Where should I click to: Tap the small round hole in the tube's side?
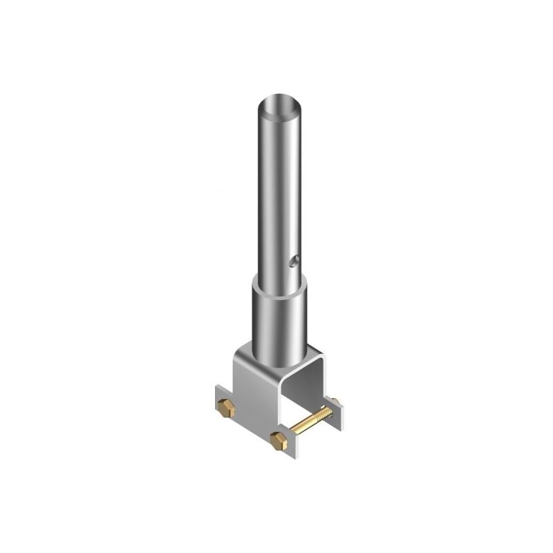pos(295,261)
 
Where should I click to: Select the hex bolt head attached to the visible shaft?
pos(279,438)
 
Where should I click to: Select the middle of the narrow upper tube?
pos(280,194)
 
